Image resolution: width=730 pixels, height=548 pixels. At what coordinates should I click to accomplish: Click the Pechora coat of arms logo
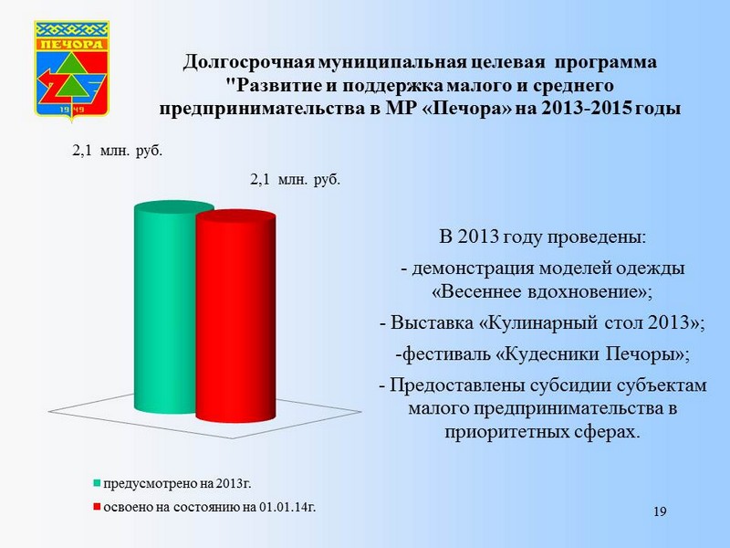(72, 70)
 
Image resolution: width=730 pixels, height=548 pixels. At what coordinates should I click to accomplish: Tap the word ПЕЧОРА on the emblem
(72, 45)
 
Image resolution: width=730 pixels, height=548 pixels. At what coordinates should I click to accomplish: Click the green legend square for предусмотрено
(97, 483)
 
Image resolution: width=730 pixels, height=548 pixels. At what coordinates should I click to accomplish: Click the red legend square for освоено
(97, 507)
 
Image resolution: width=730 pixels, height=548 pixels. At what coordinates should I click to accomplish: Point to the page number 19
(660, 511)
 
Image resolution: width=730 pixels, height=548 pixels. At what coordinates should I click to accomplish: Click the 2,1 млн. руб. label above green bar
(118, 151)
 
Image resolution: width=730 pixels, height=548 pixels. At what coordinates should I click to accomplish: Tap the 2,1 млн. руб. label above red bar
(295, 179)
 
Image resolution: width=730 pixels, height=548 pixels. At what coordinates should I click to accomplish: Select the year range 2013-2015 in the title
(587, 108)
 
